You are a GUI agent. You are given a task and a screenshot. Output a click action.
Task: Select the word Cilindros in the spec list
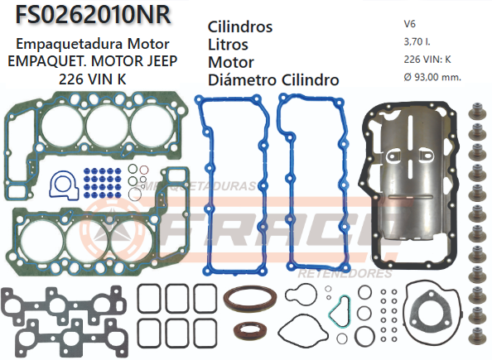click(239, 26)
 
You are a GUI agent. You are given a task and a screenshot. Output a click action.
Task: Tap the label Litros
click(228, 45)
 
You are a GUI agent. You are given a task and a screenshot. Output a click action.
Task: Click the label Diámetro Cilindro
click(273, 80)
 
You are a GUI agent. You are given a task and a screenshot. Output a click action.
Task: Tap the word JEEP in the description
click(162, 61)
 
